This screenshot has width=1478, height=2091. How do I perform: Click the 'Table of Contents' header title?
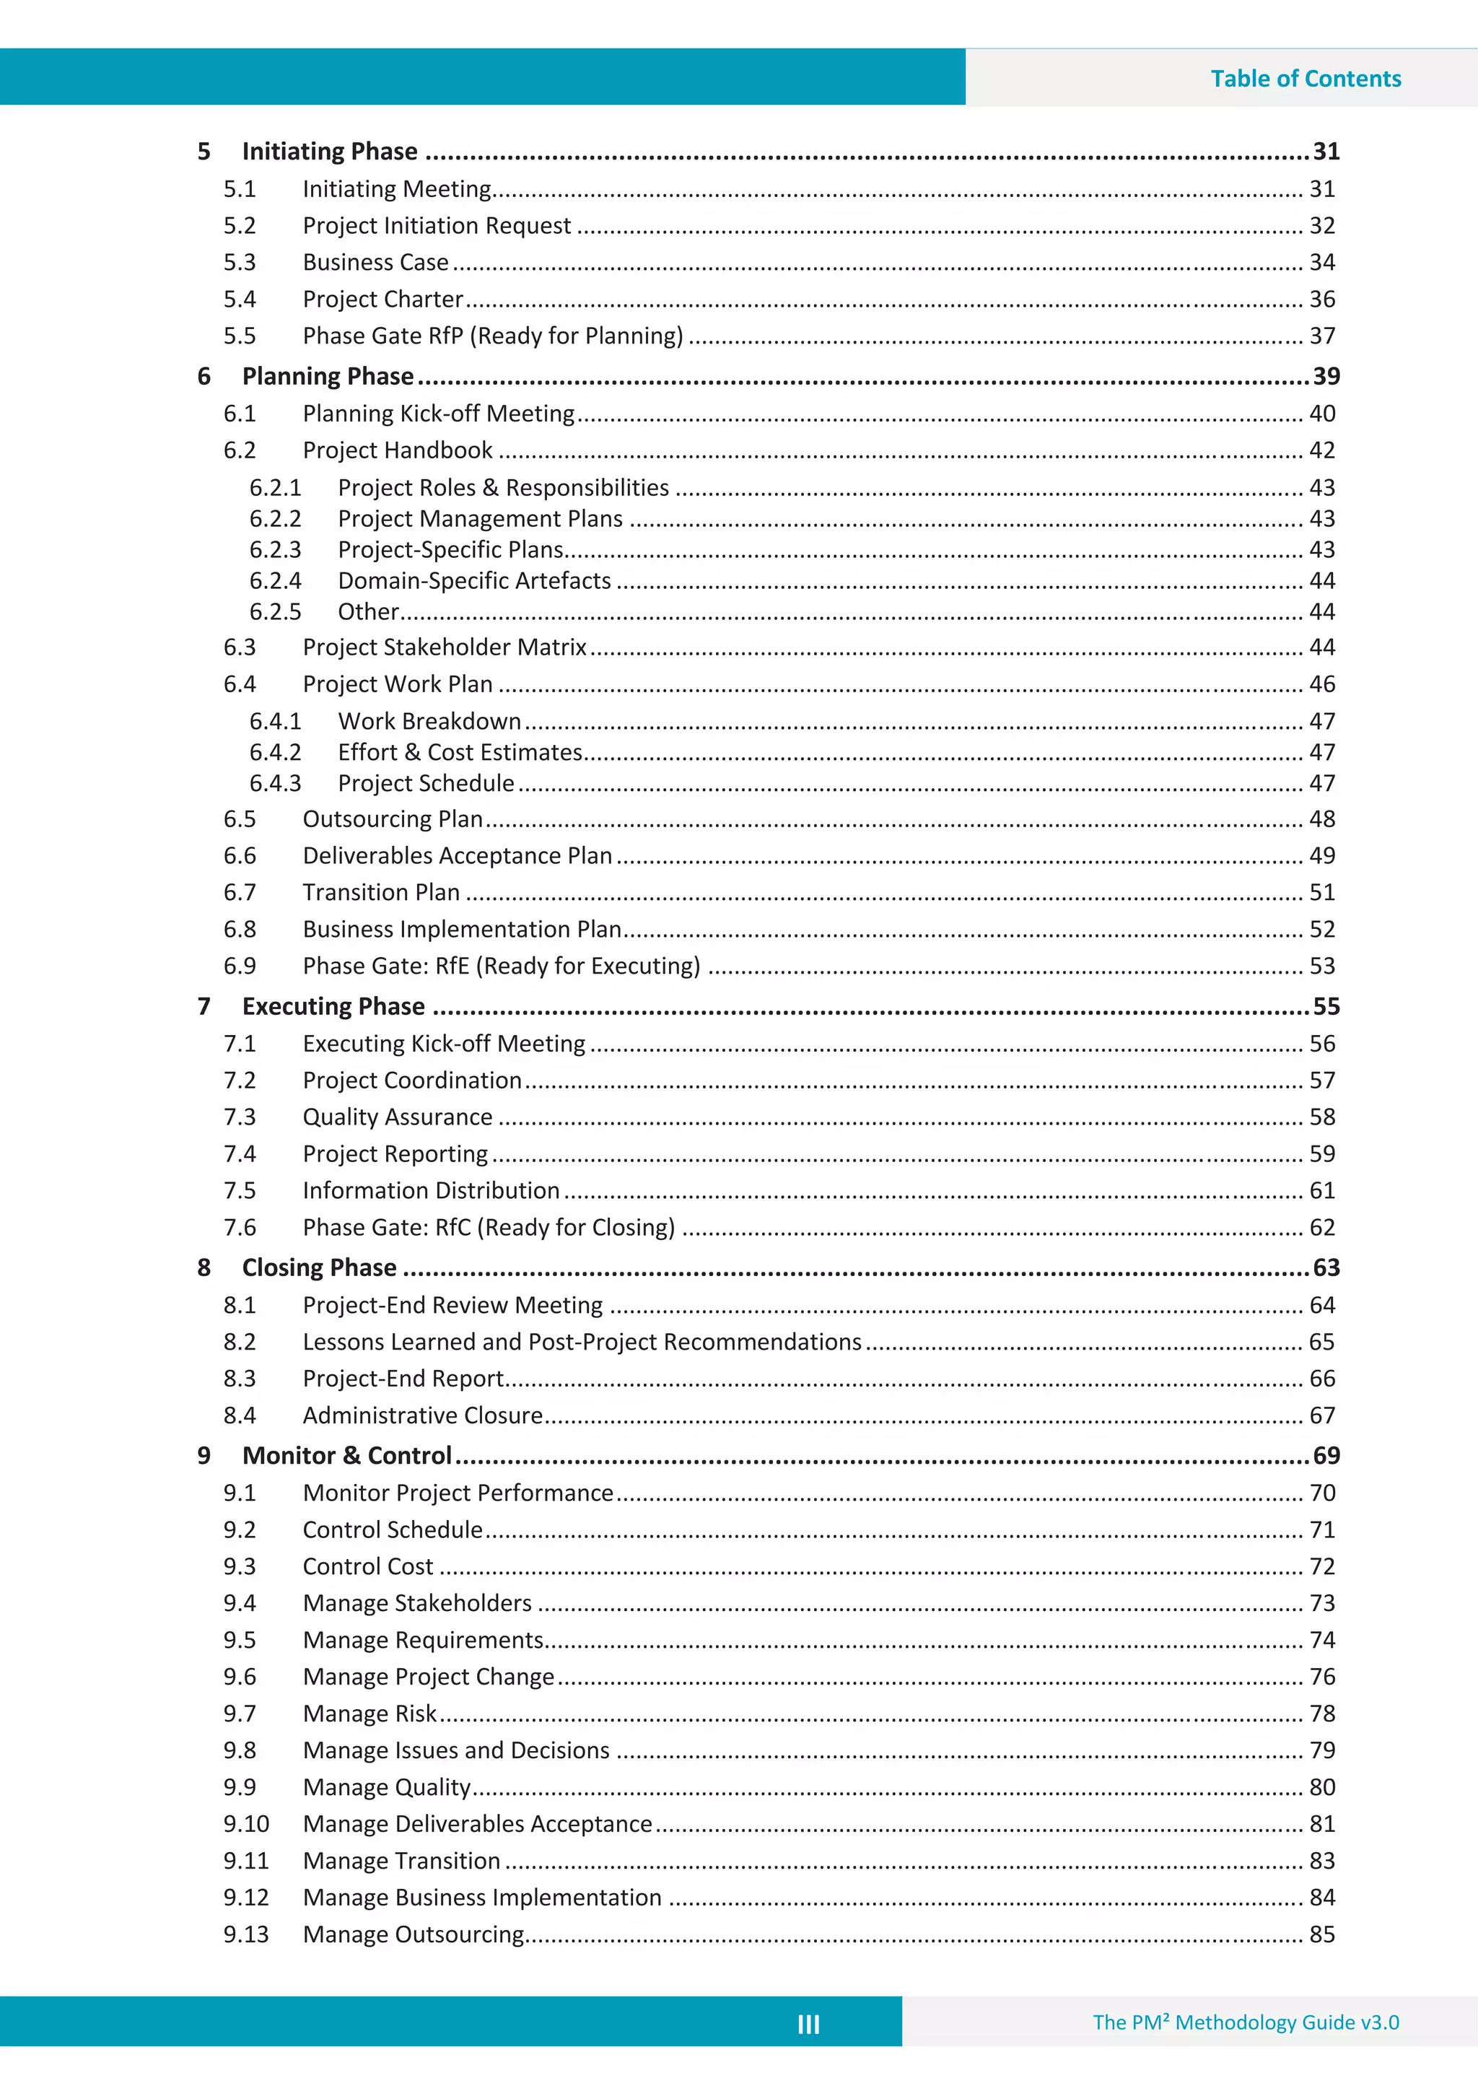click(1305, 79)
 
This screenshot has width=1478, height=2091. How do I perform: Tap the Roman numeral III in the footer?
click(808, 2024)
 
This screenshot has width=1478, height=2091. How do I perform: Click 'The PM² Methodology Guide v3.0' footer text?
click(1245, 2022)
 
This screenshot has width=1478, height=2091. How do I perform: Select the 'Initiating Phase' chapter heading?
click(330, 151)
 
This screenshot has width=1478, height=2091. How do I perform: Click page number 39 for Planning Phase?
click(1325, 376)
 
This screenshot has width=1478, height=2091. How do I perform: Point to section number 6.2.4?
click(275, 581)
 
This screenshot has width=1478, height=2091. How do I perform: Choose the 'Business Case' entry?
click(375, 262)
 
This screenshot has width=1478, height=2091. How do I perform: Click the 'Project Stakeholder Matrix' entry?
click(445, 647)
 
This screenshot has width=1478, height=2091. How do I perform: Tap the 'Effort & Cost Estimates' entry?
click(460, 752)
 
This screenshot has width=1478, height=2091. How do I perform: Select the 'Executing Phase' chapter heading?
click(333, 1006)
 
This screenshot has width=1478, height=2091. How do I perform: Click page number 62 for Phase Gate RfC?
click(1321, 1228)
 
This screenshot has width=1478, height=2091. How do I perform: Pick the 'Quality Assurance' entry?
click(397, 1117)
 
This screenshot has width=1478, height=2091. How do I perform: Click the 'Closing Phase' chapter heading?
click(319, 1267)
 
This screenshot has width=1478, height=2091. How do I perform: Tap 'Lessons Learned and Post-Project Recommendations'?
click(582, 1343)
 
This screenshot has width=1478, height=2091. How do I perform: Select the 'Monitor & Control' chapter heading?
click(347, 1455)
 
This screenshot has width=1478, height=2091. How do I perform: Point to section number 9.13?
click(246, 1934)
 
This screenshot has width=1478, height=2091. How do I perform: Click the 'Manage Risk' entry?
click(369, 1714)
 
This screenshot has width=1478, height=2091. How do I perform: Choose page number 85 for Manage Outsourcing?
click(1321, 1934)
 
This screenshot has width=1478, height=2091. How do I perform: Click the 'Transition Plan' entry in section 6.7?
click(380, 893)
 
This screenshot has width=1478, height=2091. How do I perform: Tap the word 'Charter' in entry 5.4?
click(423, 300)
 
